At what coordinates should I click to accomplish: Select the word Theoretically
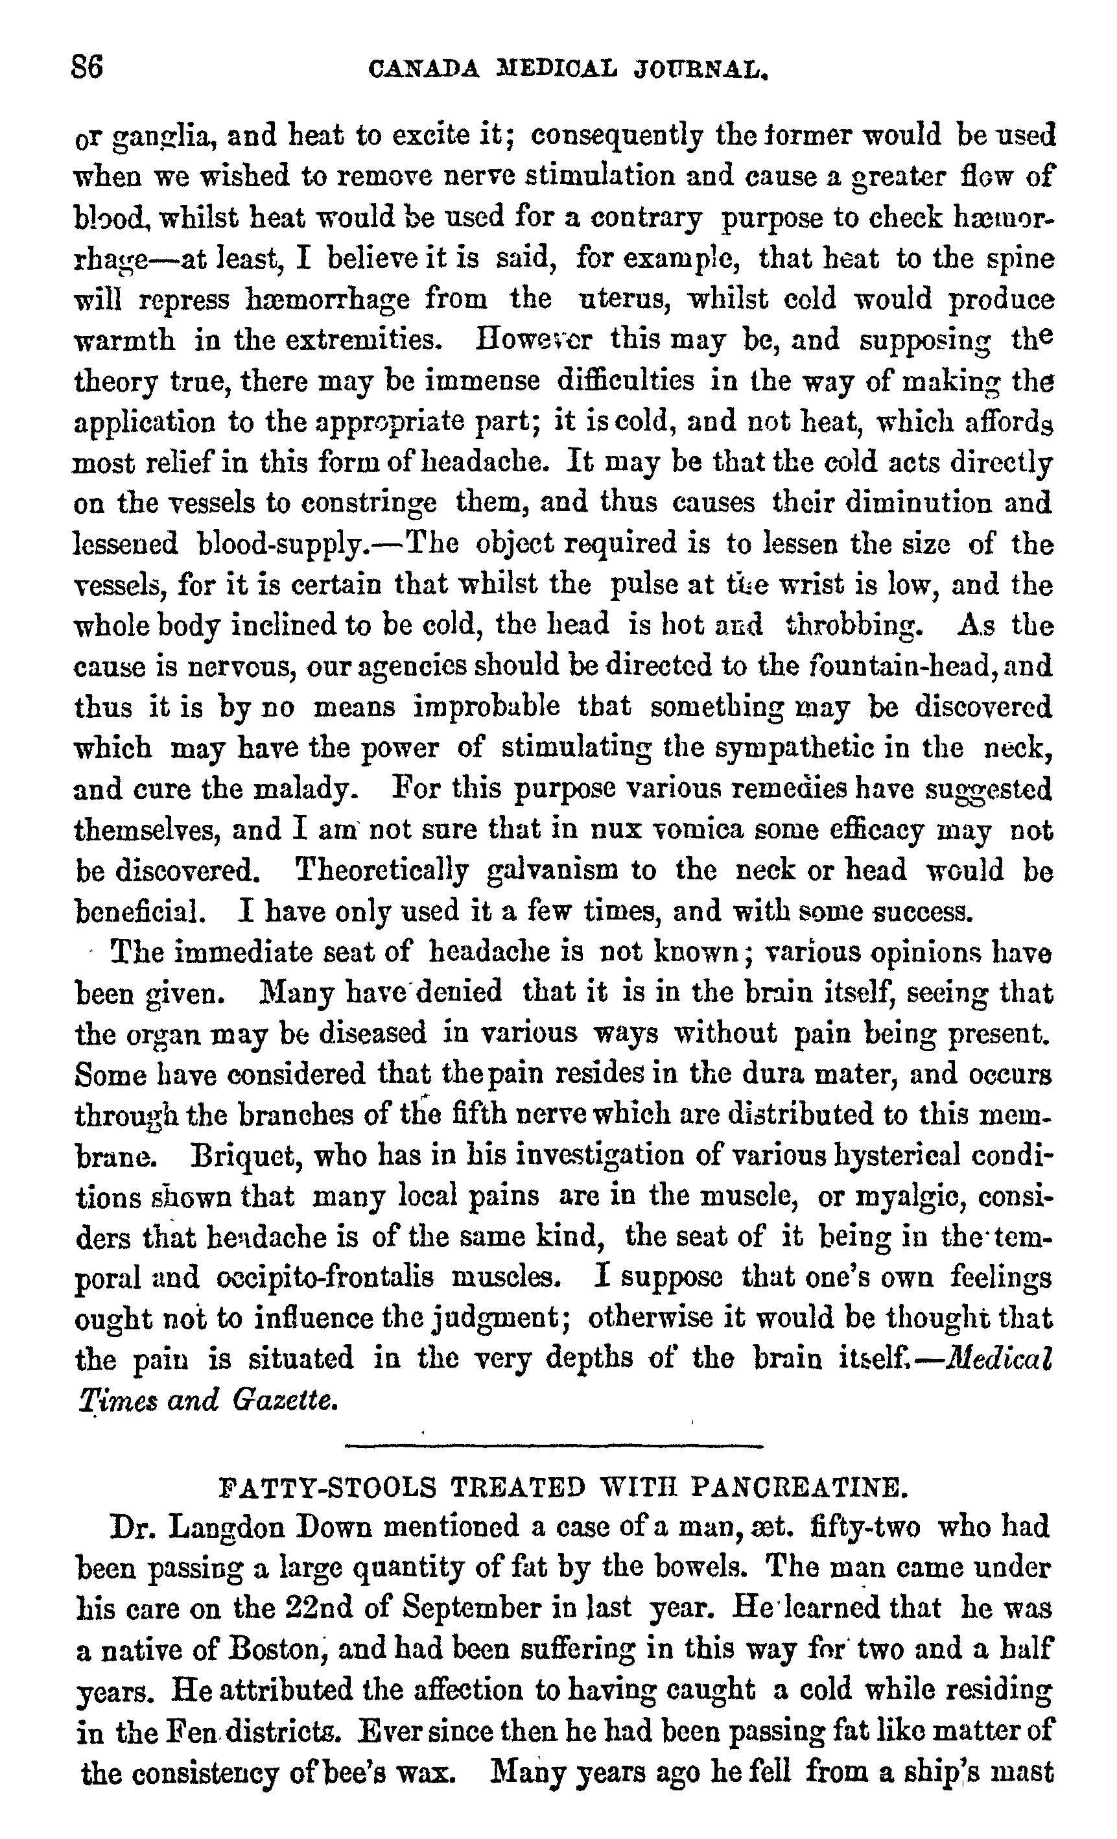click(382, 871)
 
